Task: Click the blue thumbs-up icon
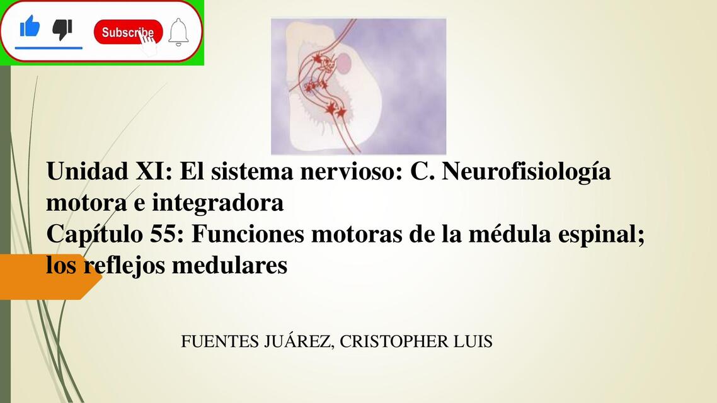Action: click(x=30, y=26)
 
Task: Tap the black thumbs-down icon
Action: click(x=62, y=29)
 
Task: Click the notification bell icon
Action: click(x=178, y=31)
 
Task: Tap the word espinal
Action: click(x=604, y=236)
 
